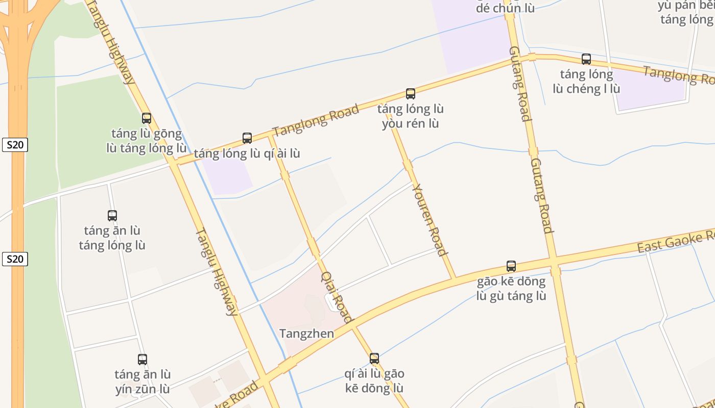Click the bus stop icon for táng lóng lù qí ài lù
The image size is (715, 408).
tap(247, 138)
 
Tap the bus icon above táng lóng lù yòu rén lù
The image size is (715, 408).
tap(411, 94)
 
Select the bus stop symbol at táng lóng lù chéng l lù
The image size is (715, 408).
tap(586, 59)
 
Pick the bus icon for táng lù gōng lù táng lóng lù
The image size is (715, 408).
tap(147, 118)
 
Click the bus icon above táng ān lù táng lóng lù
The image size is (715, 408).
tap(112, 216)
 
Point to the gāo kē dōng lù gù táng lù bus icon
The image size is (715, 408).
tap(511, 266)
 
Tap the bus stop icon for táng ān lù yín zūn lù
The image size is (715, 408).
tap(142, 360)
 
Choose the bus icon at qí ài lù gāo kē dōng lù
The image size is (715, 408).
tap(374, 359)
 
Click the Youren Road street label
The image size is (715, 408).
tap(430, 219)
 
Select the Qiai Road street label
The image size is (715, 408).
tap(337, 297)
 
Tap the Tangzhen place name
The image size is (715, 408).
tap(306, 334)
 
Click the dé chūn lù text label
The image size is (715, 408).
tap(505, 8)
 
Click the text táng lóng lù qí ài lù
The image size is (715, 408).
tap(247, 154)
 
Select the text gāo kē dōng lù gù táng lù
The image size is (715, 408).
tap(511, 289)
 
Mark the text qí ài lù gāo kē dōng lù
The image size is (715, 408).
tap(374, 380)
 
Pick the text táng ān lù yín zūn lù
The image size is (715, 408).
tap(142, 381)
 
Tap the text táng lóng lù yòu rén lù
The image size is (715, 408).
tap(411, 116)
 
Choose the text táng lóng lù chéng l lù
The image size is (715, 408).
tap(586, 82)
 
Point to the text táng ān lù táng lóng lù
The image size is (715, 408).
tap(112, 238)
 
